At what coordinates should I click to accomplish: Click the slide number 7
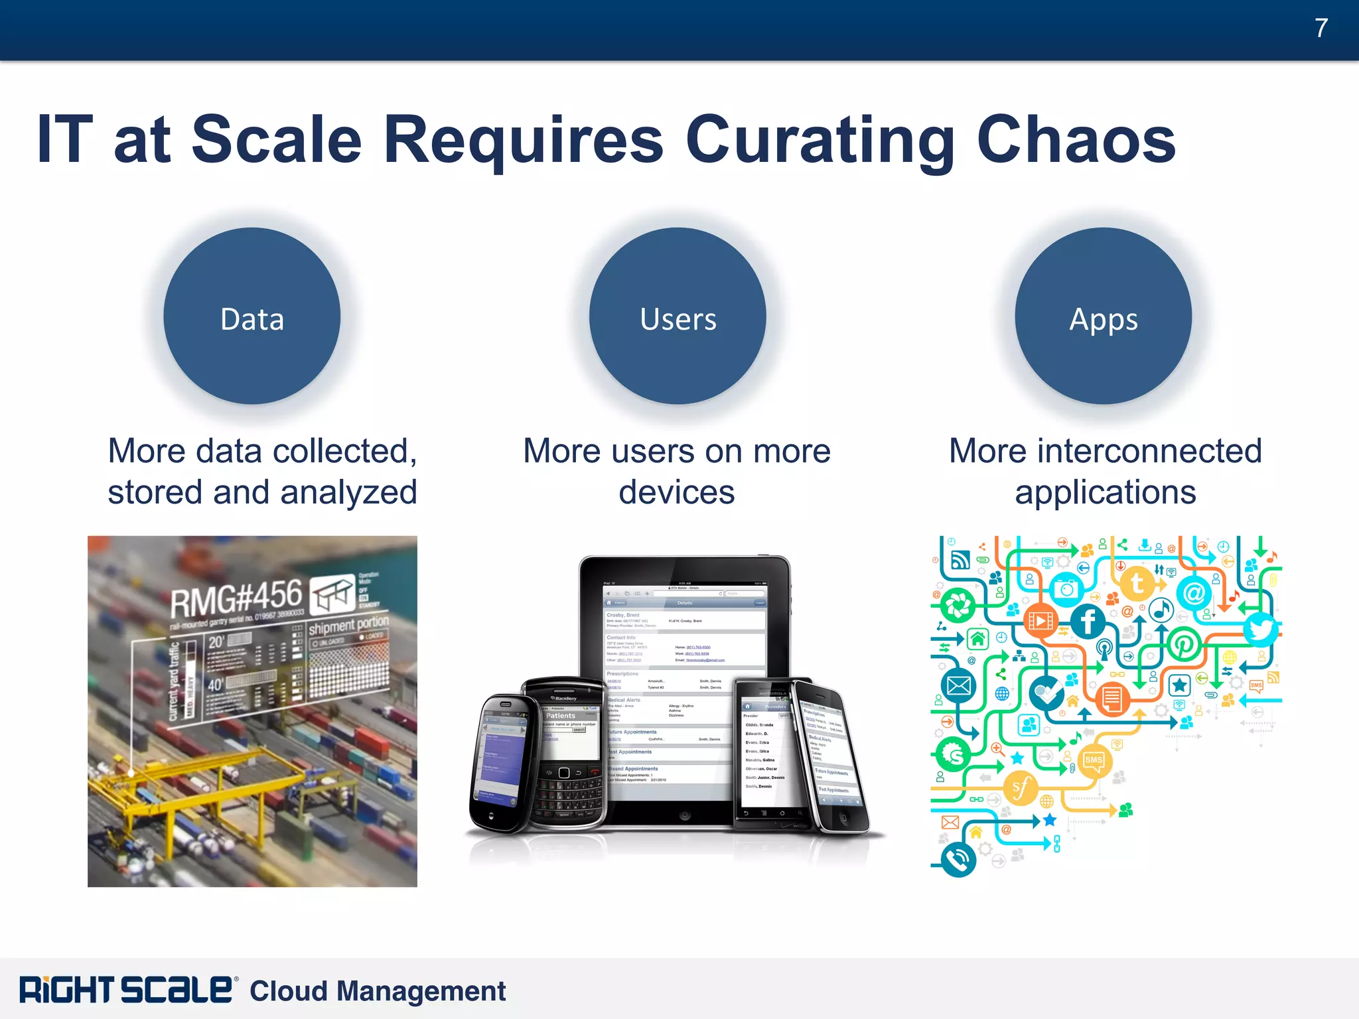click(x=1321, y=29)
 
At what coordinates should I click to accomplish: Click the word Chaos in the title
click(x=1076, y=139)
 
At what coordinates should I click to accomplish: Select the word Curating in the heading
click(x=820, y=141)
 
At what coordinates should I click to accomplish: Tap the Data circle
click(x=252, y=316)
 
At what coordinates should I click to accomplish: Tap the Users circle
click(x=678, y=316)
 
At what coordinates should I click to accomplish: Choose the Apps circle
click(x=1103, y=316)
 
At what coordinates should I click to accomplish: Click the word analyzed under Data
click(x=350, y=492)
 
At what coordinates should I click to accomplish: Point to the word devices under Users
click(x=676, y=492)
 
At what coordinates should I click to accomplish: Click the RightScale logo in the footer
click(x=126, y=990)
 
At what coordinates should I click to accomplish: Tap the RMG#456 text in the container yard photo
click(x=236, y=598)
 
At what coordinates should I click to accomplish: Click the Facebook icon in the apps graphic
click(x=1088, y=622)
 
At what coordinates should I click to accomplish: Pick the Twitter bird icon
click(x=1259, y=628)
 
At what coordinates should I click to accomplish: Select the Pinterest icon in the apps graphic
click(x=1184, y=644)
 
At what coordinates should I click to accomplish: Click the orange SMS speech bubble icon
click(x=1093, y=760)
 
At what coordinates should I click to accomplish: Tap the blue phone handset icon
click(x=958, y=860)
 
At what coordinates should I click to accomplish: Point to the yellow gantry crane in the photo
click(x=199, y=783)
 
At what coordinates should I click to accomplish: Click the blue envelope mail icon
click(x=958, y=685)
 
